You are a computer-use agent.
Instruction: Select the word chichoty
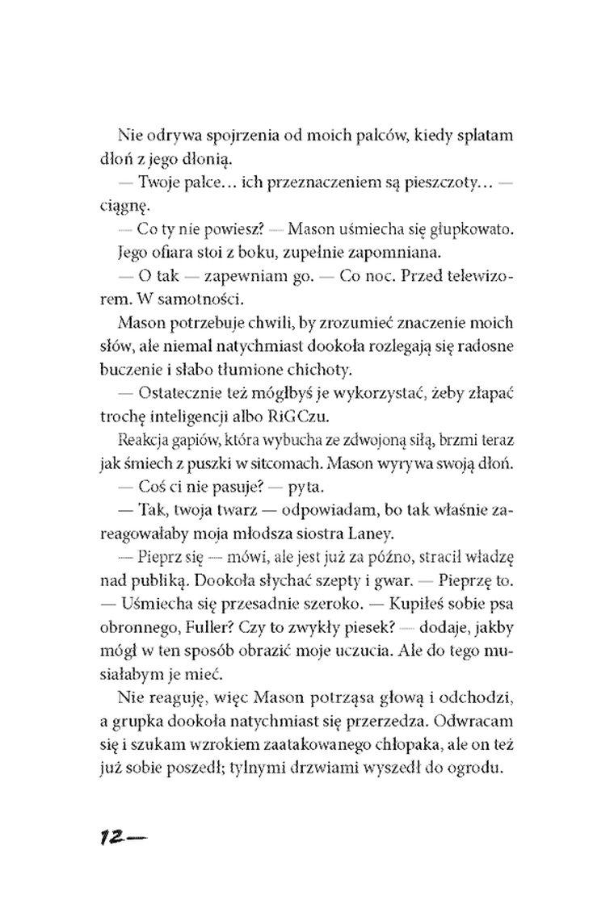[331, 369]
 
